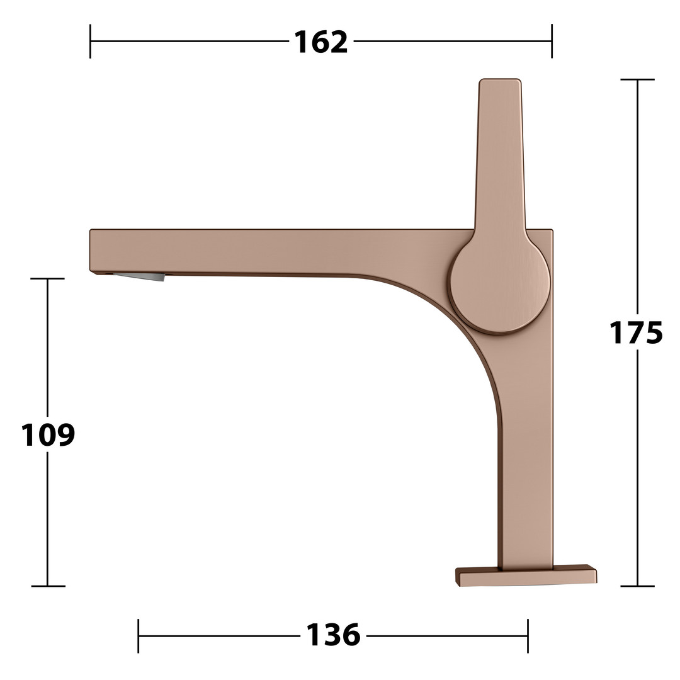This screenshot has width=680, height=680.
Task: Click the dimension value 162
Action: [321, 42]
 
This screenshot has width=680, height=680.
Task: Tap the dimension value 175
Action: [636, 332]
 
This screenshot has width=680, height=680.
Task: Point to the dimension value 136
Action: [333, 635]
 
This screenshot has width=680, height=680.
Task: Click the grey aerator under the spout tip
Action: [140, 276]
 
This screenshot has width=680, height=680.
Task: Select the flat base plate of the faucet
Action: [526, 575]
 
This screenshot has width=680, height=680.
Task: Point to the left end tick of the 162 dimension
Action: [90, 41]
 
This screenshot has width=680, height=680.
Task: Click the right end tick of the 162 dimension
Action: [552, 41]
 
